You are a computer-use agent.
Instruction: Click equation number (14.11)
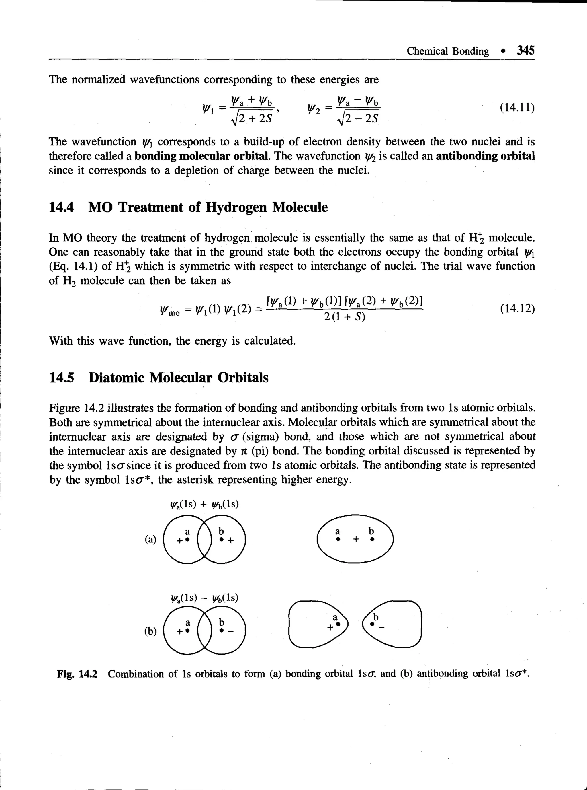coord(517,107)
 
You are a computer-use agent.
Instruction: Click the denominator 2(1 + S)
coord(344,317)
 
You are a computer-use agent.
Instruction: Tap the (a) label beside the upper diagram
coord(150,539)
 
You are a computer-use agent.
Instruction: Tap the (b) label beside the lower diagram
coord(150,631)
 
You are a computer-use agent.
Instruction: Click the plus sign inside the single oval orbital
coord(355,540)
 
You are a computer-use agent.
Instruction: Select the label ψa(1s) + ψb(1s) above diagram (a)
coord(204,504)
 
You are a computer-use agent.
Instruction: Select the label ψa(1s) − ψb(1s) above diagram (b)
coord(204,598)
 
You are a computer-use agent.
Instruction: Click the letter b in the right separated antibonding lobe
coord(376,617)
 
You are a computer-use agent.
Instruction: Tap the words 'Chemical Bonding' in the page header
coord(448,51)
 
